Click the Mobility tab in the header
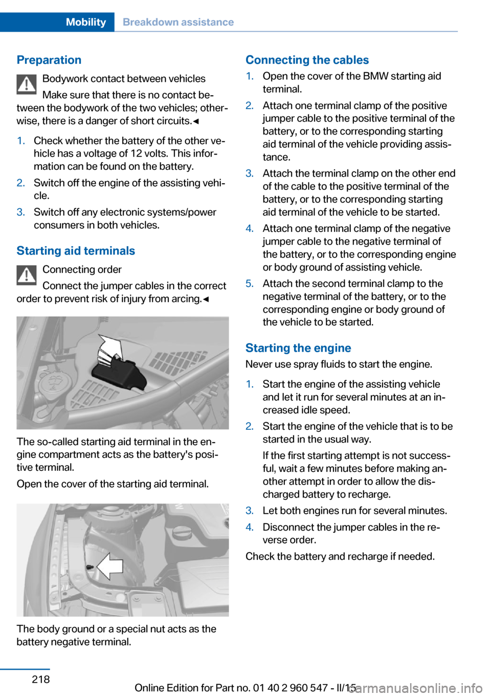(86, 22)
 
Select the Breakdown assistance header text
(178, 22)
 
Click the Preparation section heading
(49, 60)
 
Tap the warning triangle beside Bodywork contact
(27, 84)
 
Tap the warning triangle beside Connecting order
(27, 275)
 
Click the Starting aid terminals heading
(76, 251)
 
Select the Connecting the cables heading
(307, 60)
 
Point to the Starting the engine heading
(298, 348)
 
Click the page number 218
(41, 679)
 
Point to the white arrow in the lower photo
(110, 565)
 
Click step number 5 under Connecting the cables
(250, 284)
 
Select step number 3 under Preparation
(21, 212)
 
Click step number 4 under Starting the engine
(250, 527)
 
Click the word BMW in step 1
(375, 76)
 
